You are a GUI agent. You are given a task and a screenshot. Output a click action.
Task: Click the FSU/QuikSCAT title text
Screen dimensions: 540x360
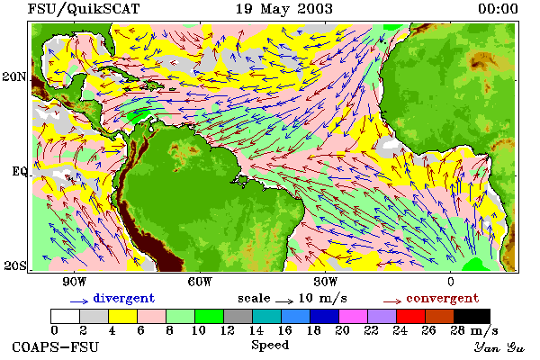coord(84,9)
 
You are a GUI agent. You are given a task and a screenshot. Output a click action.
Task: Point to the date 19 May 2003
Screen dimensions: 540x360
coord(284,9)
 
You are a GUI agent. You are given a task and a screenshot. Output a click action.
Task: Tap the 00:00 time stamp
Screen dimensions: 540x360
coord(498,9)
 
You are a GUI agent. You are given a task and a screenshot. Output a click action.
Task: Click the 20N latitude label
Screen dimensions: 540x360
coord(14,76)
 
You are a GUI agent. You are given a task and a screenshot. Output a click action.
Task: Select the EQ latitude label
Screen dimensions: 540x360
coord(19,171)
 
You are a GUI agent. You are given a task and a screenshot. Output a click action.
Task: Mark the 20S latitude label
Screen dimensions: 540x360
coord(15,265)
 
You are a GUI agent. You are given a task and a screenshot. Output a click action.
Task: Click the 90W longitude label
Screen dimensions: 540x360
coord(74,282)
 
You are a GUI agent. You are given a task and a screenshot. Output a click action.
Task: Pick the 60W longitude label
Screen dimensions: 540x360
coord(200,282)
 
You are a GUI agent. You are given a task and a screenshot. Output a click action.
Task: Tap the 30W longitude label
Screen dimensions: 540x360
coord(325,282)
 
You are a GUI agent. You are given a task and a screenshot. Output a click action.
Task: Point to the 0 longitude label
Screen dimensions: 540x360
coord(451,282)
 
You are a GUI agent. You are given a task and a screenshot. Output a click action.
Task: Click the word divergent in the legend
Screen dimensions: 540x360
coord(124,299)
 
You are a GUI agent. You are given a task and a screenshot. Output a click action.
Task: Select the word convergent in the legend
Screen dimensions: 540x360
coord(443,299)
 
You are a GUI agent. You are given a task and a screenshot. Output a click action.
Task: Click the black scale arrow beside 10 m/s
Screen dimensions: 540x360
coord(284,301)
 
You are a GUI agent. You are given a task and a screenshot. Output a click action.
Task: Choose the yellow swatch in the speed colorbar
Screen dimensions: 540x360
coord(123,316)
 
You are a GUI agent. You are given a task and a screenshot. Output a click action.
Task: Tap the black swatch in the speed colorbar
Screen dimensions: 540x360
coord(472,316)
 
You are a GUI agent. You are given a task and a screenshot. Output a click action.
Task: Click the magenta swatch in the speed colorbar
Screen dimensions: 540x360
coord(354,316)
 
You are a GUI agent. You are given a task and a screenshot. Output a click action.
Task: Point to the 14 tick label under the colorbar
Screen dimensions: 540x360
coord(256,330)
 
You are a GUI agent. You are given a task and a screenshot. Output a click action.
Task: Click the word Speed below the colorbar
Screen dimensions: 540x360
coord(270,346)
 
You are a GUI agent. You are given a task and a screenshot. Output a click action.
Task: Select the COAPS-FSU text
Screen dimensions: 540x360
coord(56,346)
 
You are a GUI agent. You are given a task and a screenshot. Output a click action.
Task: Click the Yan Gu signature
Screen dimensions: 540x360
coord(499,347)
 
